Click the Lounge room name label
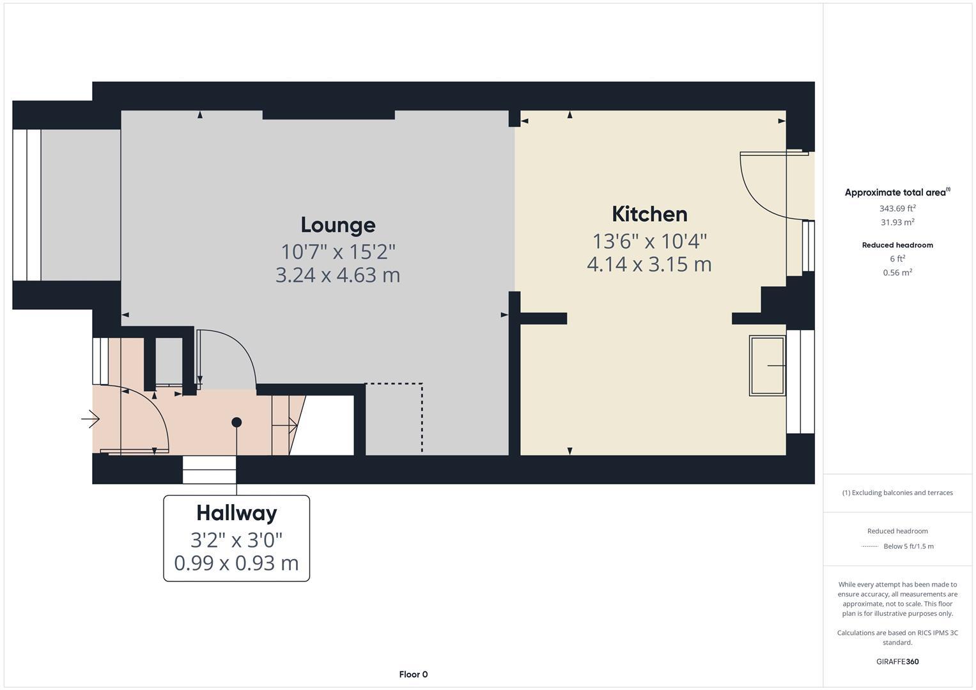[x=338, y=225]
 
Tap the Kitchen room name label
[x=649, y=214]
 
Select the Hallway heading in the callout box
[x=236, y=513]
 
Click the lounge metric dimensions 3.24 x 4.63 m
[x=337, y=275]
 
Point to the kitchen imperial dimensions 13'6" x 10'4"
[x=649, y=241]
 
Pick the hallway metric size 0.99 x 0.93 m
[x=236, y=563]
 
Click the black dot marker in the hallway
[x=236, y=422]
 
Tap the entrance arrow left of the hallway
[x=90, y=420]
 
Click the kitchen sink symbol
[x=767, y=366]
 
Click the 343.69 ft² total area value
[x=897, y=208]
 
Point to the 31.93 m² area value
[x=897, y=222]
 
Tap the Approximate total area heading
[x=897, y=192]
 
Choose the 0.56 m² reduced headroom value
[x=897, y=273]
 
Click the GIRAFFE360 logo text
[x=897, y=661]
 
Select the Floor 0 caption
[x=413, y=674]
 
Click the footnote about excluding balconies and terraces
[x=897, y=493]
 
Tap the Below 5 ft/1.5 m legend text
[x=908, y=546]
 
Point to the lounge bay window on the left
[x=27, y=205]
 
